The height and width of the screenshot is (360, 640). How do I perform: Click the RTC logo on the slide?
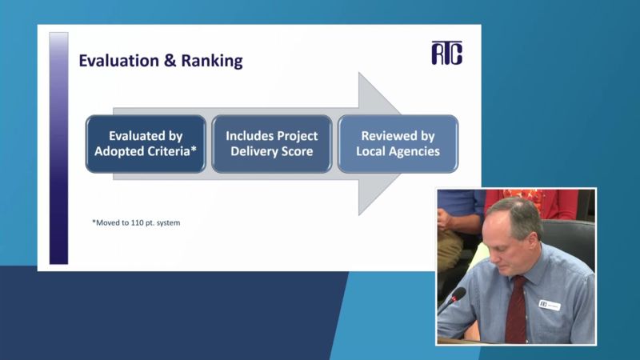click(x=447, y=53)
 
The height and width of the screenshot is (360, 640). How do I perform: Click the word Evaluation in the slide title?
click(x=118, y=61)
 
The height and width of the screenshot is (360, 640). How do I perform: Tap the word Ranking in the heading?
click(x=212, y=61)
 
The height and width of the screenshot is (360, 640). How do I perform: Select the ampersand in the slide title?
click(x=170, y=61)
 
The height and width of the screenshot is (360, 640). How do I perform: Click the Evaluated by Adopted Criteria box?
click(x=146, y=144)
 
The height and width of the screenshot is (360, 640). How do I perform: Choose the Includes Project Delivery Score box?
click(x=272, y=144)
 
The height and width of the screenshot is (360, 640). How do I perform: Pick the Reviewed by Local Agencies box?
click(x=398, y=144)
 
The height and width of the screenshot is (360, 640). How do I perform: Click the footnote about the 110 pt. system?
click(x=136, y=222)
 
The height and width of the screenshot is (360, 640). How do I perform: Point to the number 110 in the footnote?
click(x=137, y=222)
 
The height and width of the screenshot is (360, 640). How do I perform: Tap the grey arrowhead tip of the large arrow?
click(x=401, y=144)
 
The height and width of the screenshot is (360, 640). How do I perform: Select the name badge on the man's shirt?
click(x=550, y=305)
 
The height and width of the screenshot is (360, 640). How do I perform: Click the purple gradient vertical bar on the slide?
click(x=58, y=148)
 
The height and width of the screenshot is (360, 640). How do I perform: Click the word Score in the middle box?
click(x=297, y=151)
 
